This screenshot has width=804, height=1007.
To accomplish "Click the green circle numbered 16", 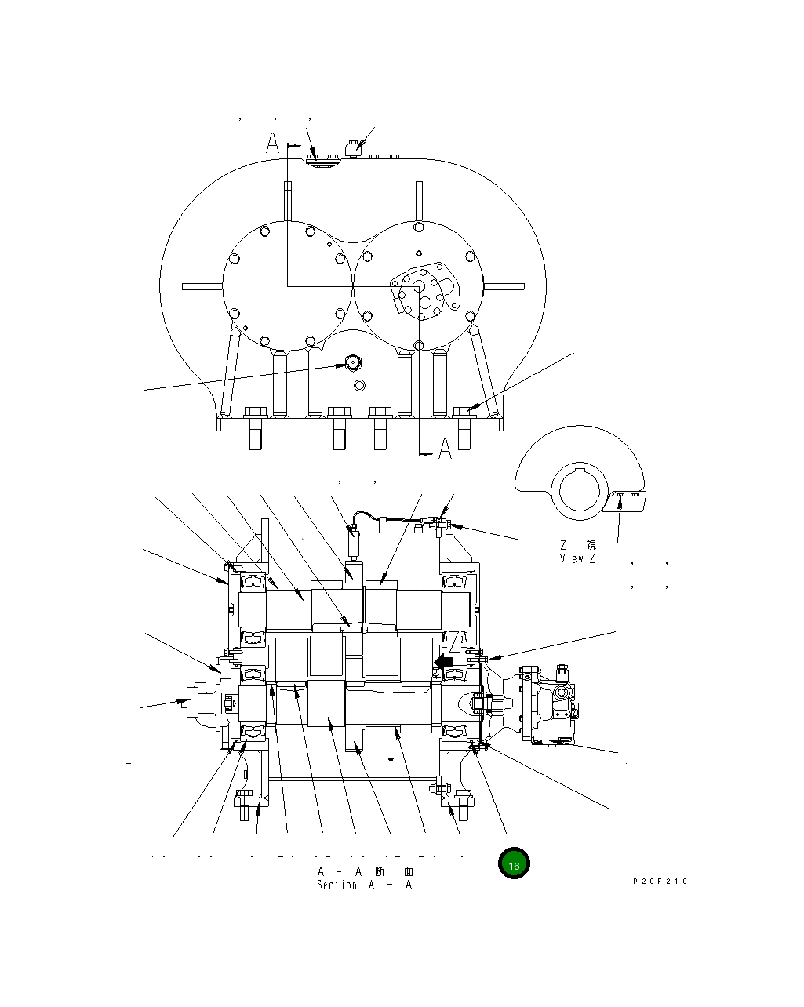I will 513,864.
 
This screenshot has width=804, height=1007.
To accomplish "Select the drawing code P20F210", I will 660,882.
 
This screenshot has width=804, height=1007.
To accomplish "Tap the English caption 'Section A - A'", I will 364,885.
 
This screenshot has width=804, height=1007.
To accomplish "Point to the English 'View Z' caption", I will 577,558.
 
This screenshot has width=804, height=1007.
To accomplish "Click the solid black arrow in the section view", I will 443,662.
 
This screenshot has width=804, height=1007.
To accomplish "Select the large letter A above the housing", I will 272,143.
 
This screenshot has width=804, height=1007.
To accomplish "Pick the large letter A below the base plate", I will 445,450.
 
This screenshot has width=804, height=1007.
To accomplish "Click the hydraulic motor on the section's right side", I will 548,703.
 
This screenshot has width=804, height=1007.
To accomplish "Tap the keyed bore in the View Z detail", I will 579,490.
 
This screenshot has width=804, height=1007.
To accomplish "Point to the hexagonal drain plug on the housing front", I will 352,363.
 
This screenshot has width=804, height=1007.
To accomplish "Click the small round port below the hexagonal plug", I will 359,385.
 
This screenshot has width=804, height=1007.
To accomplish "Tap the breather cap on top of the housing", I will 352,147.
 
